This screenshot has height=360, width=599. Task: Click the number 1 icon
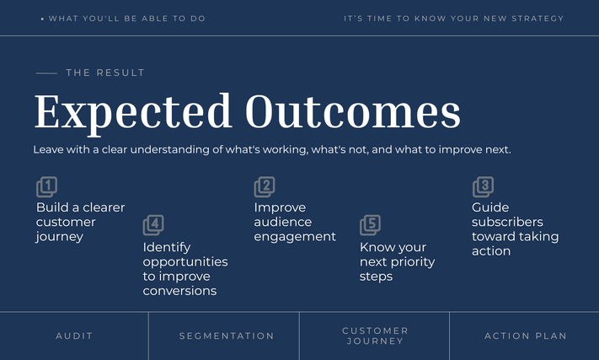[x=46, y=187]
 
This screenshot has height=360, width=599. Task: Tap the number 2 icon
[x=265, y=187]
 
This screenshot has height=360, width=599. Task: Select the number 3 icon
[x=483, y=187]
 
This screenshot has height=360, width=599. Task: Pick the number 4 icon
[x=153, y=225]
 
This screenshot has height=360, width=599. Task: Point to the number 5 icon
[x=370, y=225]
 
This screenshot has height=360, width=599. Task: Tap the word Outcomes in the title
[x=353, y=111]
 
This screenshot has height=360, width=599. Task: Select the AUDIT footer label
[x=74, y=336]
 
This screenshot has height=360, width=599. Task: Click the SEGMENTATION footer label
[x=227, y=336]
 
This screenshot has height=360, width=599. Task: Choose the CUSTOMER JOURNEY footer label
[x=375, y=336]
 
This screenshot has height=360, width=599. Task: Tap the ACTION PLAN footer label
[x=525, y=336]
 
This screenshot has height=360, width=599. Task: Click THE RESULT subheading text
[x=105, y=73]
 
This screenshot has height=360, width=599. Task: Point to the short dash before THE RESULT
[x=46, y=73]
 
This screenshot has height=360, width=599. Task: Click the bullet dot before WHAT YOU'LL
[x=42, y=19]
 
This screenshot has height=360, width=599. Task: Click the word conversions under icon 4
[x=179, y=291]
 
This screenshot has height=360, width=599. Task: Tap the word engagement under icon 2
[x=295, y=237]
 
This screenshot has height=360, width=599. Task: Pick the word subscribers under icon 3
[x=507, y=222]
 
